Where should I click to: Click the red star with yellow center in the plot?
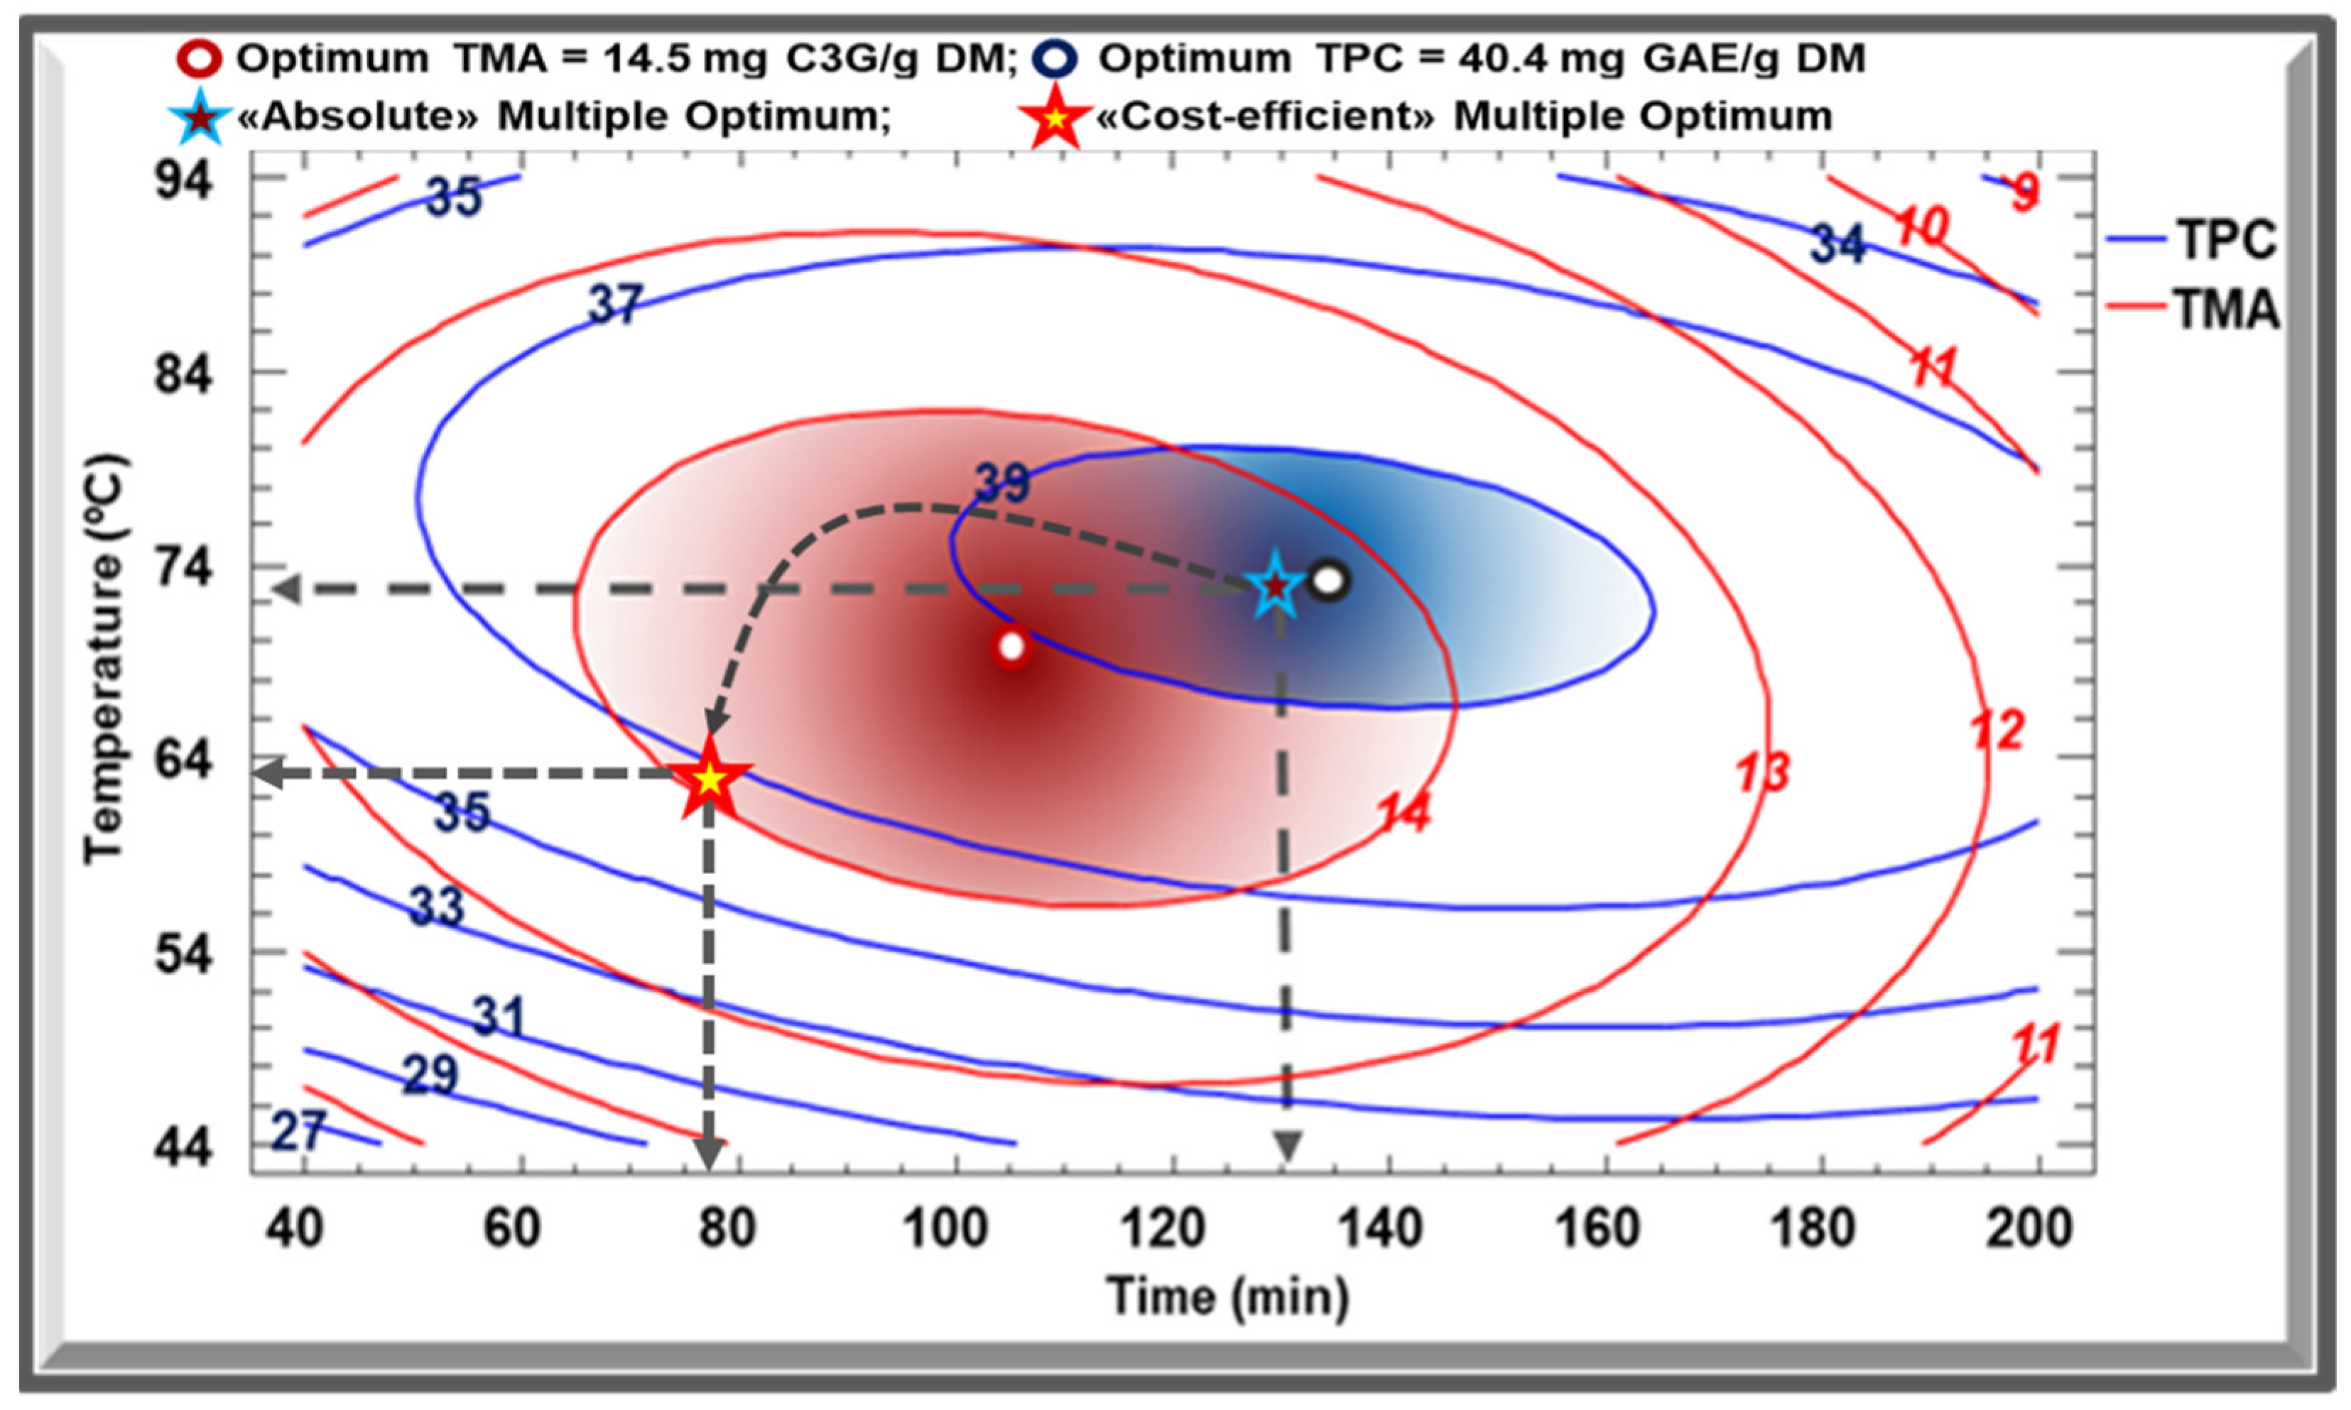[710, 779]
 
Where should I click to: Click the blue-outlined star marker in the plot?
[1274, 586]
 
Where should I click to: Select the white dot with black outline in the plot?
[1328, 581]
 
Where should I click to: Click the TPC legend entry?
[2224, 239]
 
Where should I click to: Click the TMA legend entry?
[2224, 310]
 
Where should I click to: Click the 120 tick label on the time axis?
[1162, 1228]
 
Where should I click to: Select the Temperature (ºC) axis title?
[102, 660]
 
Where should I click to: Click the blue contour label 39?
[1001, 483]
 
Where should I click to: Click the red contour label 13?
[1763, 772]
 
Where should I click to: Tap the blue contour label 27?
[298, 1131]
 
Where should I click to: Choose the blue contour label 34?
[1836, 244]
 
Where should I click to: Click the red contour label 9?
[2024, 194]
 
